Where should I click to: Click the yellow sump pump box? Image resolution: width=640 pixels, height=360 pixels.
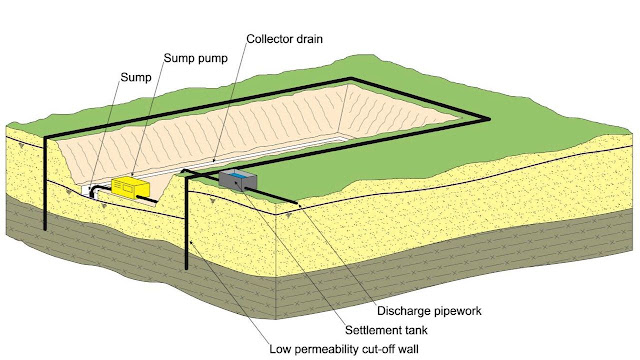pos(133,187)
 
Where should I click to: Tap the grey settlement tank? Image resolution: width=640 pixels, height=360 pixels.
pos(237,180)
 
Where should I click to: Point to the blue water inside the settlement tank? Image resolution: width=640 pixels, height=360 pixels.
pos(237,175)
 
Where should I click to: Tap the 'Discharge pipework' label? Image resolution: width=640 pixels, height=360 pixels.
pos(424,282)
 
